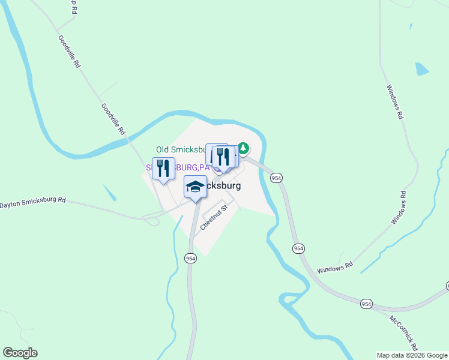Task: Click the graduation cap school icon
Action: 195,187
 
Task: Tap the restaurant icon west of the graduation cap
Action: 163,169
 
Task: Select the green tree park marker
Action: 243,148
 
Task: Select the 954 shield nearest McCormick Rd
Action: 366,304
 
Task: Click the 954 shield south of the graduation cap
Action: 190,258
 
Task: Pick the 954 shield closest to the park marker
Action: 276,178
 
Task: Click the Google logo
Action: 20,353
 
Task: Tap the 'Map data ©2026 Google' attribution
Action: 412,355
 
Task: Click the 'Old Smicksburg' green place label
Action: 180,149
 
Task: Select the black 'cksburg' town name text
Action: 224,186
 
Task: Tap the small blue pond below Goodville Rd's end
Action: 109,193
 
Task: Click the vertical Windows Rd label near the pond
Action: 394,102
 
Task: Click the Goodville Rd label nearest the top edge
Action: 69,51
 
